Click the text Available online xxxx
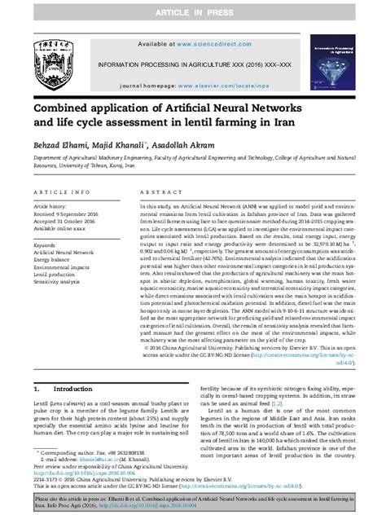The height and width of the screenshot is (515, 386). [59, 230]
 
